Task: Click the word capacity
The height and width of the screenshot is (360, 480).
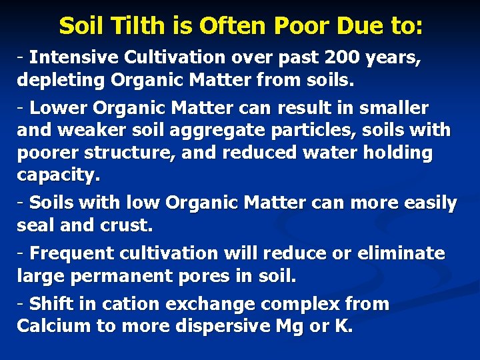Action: coord(58,175)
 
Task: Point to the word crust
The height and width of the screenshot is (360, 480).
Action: coord(127,225)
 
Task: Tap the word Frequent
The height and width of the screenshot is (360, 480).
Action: coord(73,253)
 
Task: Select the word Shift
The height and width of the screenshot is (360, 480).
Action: coord(51,304)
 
